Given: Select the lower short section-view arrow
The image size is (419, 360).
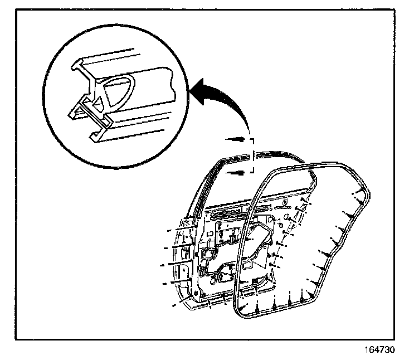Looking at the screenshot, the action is click(236, 173).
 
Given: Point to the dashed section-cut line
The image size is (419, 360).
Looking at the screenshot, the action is click(253, 155).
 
